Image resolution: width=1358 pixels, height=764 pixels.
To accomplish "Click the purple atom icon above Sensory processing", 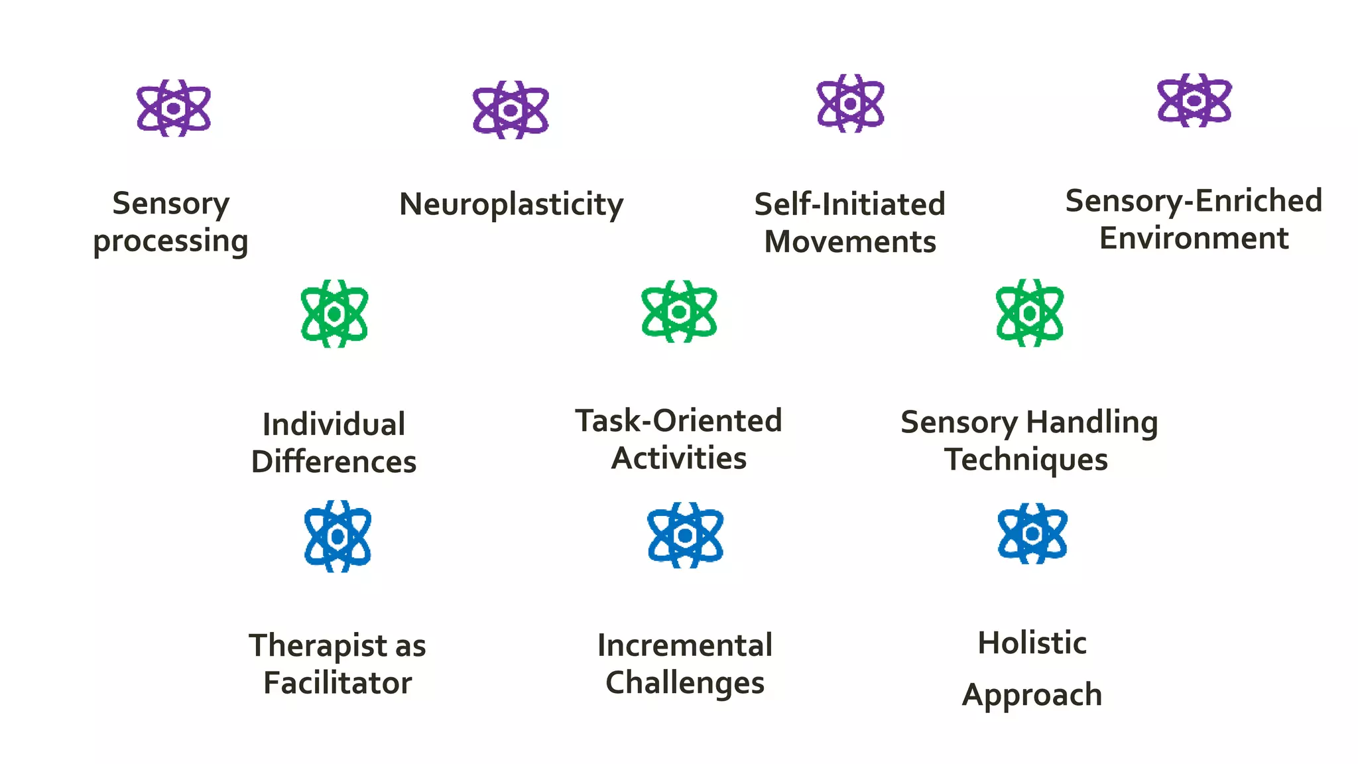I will point(174,108).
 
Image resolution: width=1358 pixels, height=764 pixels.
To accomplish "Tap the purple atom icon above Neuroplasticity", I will point(511,110).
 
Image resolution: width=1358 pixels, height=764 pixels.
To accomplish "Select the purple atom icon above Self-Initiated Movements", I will point(851,103).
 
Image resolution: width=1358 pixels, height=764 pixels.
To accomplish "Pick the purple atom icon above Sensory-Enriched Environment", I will point(1194,100).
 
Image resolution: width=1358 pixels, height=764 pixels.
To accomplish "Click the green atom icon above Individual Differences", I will point(334,314).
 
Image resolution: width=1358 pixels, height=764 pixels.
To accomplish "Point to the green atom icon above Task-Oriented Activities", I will point(679,312).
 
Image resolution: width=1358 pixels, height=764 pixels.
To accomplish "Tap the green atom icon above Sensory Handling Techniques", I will point(1030,313).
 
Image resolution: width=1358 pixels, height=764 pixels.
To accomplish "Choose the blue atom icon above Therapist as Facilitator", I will point(338,537).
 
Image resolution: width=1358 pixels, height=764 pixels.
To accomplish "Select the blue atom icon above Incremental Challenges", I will point(685,535).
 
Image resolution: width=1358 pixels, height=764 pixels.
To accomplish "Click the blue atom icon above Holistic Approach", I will point(1032,534).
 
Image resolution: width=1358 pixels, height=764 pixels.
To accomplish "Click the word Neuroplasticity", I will point(511,204).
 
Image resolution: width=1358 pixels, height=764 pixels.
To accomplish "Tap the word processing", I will point(170,241).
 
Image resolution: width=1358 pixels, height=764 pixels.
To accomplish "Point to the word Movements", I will point(850,242).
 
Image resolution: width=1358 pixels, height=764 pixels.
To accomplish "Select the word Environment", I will point(1194,238).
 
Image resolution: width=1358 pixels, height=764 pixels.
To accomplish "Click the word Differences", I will point(334,462).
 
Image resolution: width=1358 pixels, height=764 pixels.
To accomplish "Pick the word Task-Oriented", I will point(678,420).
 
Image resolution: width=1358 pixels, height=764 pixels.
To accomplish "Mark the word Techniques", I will point(1026,460).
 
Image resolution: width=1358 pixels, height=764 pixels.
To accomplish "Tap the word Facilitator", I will point(338,683).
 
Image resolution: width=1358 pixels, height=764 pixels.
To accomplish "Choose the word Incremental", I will point(685,645).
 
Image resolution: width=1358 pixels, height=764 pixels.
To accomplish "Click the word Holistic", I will point(1032,643).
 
